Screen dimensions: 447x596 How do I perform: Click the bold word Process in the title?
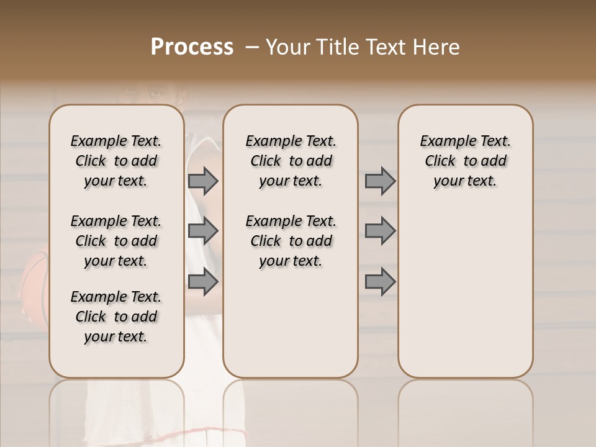tap(192, 47)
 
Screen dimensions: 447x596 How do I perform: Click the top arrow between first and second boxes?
tap(203, 181)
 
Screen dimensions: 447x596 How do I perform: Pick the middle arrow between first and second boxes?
tap(203, 232)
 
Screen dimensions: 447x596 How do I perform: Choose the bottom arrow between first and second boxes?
tap(203, 282)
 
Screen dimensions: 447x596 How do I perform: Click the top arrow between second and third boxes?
tap(380, 181)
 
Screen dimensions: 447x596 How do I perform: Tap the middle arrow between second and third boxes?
tap(380, 232)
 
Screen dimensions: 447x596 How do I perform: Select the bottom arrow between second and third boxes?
tap(380, 282)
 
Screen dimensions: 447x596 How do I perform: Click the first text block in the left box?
tap(116, 161)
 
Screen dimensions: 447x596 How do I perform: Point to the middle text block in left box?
tap(116, 241)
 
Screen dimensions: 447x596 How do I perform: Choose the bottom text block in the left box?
tap(116, 317)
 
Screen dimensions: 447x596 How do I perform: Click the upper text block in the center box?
tap(291, 161)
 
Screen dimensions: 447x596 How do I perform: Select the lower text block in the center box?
tap(291, 241)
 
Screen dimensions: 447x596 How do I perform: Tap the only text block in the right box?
tap(465, 161)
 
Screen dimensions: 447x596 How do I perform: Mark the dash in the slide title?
tap(252, 47)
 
